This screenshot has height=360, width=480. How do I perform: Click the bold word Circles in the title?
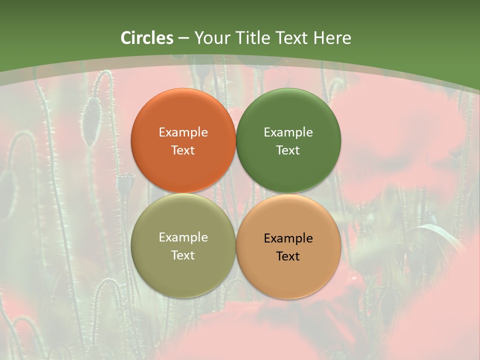point(147,38)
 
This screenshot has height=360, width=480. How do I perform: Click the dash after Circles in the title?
point(183,38)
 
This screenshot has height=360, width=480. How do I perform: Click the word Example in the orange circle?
point(183,132)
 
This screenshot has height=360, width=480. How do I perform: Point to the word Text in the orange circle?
point(183,150)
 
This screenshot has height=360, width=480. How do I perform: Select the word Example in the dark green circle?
point(288,132)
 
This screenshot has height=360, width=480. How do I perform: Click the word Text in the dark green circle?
point(288,150)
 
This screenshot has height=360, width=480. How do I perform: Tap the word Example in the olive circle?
point(183,237)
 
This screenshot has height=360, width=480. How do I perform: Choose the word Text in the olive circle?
point(183,255)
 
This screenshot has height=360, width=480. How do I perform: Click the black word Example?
point(288,238)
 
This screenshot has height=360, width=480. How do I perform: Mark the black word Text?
point(288,256)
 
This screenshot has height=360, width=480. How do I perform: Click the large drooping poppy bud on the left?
point(91,121)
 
